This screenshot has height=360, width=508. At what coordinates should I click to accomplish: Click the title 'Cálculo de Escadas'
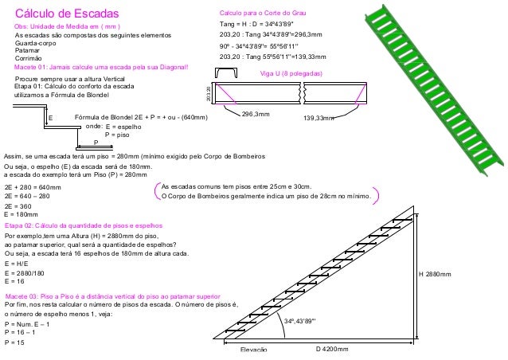66,14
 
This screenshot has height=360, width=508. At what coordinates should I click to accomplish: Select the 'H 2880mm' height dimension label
434,273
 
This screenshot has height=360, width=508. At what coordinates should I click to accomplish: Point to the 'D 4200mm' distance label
332,349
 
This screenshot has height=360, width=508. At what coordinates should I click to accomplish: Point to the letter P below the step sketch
96,142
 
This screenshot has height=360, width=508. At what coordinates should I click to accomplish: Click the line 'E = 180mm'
21,215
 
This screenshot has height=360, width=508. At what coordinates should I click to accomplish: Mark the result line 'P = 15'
14,342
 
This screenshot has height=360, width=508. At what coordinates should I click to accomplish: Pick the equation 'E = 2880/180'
25,272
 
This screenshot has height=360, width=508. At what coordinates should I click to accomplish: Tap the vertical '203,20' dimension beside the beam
209,93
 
